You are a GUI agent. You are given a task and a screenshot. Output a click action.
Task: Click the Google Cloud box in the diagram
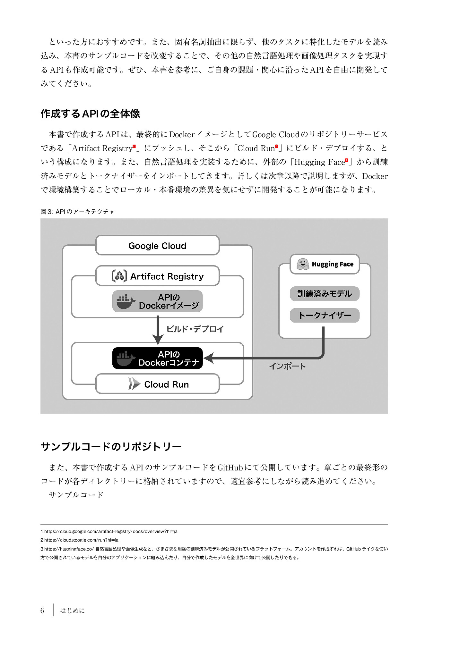click(157, 246)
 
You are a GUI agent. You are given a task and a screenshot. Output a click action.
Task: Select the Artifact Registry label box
click(157, 276)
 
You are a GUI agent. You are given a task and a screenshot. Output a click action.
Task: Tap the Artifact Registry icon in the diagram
click(119, 276)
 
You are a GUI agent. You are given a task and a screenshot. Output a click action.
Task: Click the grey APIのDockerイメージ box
click(157, 301)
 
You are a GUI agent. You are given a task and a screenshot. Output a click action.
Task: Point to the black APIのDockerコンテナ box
click(157, 358)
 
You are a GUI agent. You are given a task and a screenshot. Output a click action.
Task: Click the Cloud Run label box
click(157, 384)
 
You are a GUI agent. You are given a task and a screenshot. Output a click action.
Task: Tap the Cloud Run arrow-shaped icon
click(134, 384)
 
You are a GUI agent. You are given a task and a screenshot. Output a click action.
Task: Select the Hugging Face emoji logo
click(302, 264)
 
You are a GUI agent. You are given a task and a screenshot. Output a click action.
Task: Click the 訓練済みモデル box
click(325, 294)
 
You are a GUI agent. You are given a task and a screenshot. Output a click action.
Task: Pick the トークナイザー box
click(325, 316)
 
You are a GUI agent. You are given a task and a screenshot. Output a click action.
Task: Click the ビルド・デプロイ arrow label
click(195, 329)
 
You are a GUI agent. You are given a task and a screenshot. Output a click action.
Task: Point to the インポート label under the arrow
click(287, 366)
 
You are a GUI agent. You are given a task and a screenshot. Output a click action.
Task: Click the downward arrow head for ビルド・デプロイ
click(158, 340)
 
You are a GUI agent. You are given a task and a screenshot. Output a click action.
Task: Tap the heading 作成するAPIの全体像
click(90, 114)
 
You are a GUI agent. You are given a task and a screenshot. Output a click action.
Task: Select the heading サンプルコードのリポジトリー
click(111, 447)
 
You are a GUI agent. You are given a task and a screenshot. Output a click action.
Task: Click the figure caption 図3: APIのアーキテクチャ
click(77, 212)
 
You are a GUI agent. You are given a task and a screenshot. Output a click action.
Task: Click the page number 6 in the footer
click(42, 611)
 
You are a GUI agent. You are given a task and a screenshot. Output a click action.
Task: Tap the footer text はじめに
click(73, 611)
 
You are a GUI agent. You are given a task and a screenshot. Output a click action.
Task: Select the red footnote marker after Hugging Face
click(346, 160)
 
